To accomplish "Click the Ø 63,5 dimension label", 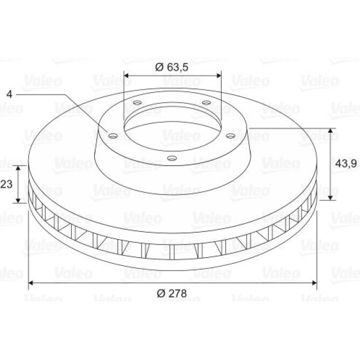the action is [x=172, y=67].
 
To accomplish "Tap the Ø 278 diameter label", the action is [x=172, y=294].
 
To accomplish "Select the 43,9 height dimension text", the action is [x=346, y=164].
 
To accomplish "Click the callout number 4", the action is [x=9, y=94].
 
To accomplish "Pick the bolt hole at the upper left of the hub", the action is [x=137, y=103].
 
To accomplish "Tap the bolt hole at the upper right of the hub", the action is [x=206, y=102].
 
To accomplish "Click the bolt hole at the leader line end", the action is [x=113, y=136].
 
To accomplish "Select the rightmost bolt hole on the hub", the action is [x=230, y=136].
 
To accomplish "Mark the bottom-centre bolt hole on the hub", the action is [x=172, y=158].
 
